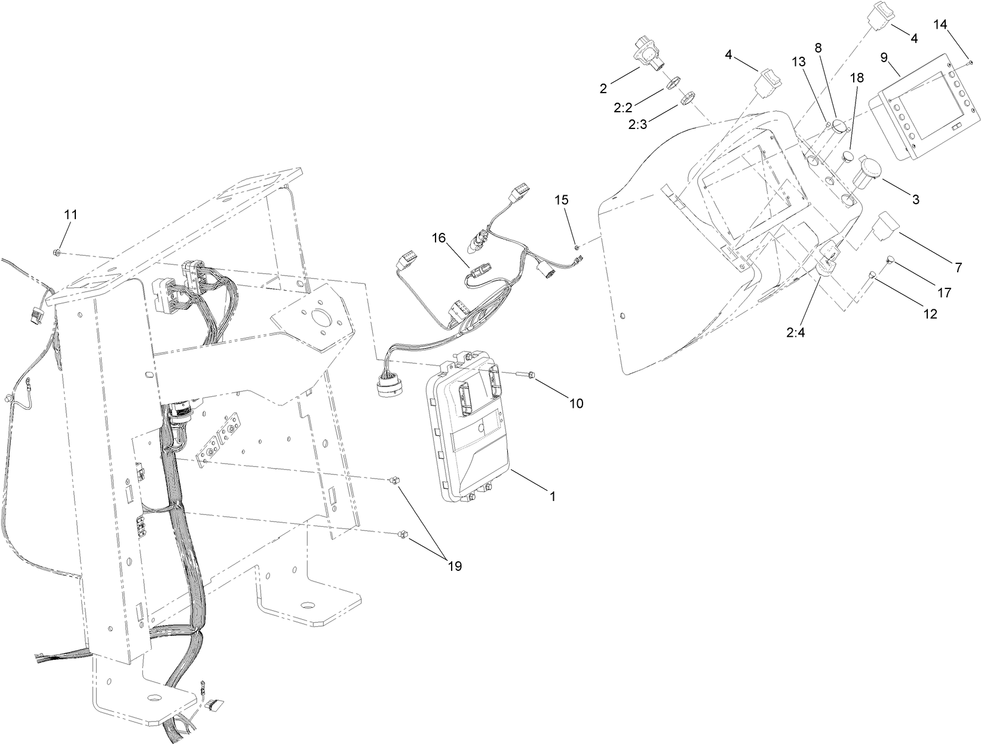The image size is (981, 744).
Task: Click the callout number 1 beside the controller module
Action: pyautogui.click(x=552, y=496)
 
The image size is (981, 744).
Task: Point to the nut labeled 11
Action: pyautogui.click(x=56, y=253)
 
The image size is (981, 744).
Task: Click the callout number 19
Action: pyautogui.click(x=455, y=566)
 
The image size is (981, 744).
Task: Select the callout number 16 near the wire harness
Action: pyautogui.click(x=439, y=238)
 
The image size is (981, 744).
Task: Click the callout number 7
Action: pyautogui.click(x=958, y=268)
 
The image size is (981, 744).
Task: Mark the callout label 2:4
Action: pyautogui.click(x=796, y=333)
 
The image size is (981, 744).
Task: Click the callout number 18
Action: pyautogui.click(x=857, y=78)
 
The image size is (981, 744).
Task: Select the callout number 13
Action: pyautogui.click(x=799, y=62)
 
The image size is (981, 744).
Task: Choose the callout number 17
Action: pyautogui.click(x=943, y=293)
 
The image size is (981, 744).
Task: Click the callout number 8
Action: pyautogui.click(x=818, y=47)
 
